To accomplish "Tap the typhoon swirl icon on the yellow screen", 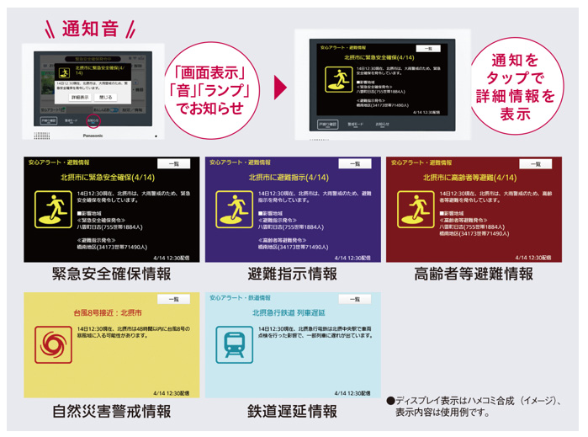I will (53, 345).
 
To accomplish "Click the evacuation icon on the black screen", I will (53, 210).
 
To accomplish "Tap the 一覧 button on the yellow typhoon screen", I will (174, 300).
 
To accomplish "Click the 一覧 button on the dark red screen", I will (536, 164).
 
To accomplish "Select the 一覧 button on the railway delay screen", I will (354, 300).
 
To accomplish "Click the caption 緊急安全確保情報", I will (111, 274).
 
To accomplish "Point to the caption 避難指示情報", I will (293, 274).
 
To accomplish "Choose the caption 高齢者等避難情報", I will (474, 274).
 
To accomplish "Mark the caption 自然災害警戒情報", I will (111, 412).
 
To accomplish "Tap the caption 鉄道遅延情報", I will (293, 412).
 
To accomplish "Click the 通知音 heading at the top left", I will (87, 29).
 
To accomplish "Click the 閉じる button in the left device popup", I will (106, 98).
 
